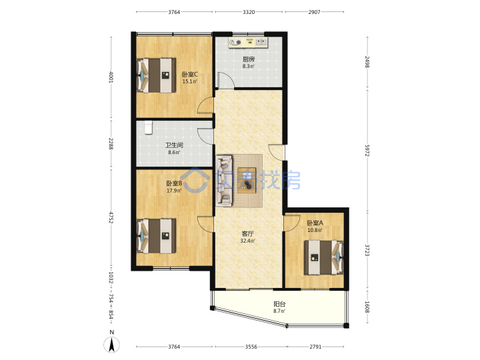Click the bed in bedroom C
[x=156, y=75]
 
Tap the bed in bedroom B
[x=156, y=236]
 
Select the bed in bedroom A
[x=324, y=257]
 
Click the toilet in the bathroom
[x=149, y=127]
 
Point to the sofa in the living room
[x=225, y=180]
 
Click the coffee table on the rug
[x=247, y=180]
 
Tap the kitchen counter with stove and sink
[x=248, y=43]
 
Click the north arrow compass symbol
[x=112, y=345]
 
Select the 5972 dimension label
[x=367, y=150]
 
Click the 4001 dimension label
[x=111, y=77]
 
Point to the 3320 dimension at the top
[x=249, y=12]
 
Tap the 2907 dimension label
[x=314, y=12]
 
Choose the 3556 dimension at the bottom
[x=251, y=347]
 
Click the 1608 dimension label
[x=367, y=307]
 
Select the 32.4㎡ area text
[x=247, y=241]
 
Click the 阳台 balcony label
[x=279, y=304]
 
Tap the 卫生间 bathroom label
[x=174, y=145]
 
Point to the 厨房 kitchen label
[x=248, y=59]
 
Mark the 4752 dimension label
[x=111, y=217]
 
